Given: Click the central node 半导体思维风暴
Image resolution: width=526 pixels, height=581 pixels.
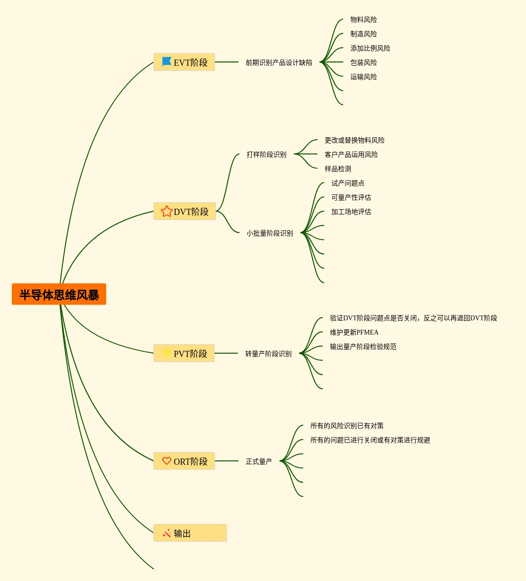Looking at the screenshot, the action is [x=59, y=295].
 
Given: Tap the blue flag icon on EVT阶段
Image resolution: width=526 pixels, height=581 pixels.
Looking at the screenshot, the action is [x=167, y=62].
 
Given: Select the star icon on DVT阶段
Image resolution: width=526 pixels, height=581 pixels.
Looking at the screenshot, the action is [x=167, y=211].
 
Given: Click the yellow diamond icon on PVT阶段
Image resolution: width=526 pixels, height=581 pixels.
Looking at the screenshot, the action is [x=167, y=353].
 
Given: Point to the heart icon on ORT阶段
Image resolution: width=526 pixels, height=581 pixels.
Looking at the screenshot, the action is [x=167, y=461].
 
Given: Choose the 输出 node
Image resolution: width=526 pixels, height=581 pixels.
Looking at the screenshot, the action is [x=190, y=533].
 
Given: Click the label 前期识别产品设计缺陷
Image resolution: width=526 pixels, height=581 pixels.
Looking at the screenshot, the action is [x=279, y=62].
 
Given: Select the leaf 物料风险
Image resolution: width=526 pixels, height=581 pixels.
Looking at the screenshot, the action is [x=364, y=20].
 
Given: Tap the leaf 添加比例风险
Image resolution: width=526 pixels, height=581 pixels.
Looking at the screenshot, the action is [x=370, y=48].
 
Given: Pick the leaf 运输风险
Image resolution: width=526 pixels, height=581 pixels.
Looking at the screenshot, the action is [x=364, y=77].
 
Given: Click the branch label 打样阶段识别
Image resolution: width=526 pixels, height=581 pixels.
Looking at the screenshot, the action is [x=267, y=154].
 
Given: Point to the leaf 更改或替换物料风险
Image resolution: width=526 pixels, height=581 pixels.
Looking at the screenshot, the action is [x=355, y=140].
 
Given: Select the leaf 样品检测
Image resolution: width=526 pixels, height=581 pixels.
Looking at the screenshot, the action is [x=338, y=169].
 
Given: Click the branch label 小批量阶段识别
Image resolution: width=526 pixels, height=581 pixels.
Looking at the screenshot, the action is [x=270, y=233].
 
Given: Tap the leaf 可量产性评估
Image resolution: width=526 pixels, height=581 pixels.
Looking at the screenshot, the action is [x=351, y=197].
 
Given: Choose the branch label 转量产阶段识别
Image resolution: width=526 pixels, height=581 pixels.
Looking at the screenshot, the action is [x=268, y=354].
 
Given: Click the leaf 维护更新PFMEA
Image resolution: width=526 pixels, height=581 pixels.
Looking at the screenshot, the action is [x=354, y=332].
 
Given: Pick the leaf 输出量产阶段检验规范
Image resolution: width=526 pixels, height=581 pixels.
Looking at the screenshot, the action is [x=363, y=347].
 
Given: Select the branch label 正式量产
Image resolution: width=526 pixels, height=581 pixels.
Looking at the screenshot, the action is [x=259, y=461].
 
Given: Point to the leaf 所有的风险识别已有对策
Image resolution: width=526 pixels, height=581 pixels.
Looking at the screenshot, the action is [x=347, y=426].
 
